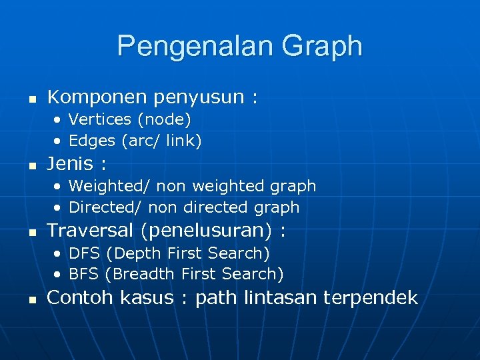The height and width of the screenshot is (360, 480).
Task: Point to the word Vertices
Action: pyautogui.click(x=100, y=119)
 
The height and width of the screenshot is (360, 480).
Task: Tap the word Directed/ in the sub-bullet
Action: pyautogui.click(x=106, y=207)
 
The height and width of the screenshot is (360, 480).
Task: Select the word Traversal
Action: pyautogui.click(x=94, y=231)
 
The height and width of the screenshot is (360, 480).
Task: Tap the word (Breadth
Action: pyautogui.click(x=140, y=274)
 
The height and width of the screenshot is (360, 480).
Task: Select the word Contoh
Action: pyautogui.click(x=81, y=297)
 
